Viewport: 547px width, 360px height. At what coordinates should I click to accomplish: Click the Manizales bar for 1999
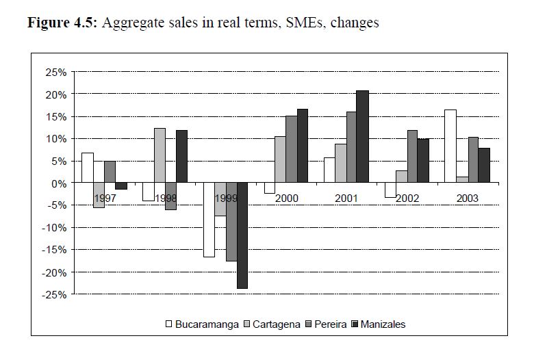[242, 235]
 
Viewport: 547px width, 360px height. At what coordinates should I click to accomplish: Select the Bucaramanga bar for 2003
[450, 146]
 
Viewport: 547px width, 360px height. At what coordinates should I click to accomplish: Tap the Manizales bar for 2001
[362, 137]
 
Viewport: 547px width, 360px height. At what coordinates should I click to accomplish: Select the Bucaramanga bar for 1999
[209, 220]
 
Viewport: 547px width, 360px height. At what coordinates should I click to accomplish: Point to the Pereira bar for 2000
[291, 149]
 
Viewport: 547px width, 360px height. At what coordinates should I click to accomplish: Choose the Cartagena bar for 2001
[340, 164]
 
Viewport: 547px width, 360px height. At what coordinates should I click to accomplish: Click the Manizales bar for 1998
[181, 157]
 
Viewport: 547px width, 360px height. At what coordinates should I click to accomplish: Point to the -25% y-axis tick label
[53, 294]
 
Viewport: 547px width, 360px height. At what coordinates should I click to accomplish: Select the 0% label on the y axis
[58, 183]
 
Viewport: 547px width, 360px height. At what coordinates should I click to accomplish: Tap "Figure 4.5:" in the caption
[63, 23]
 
